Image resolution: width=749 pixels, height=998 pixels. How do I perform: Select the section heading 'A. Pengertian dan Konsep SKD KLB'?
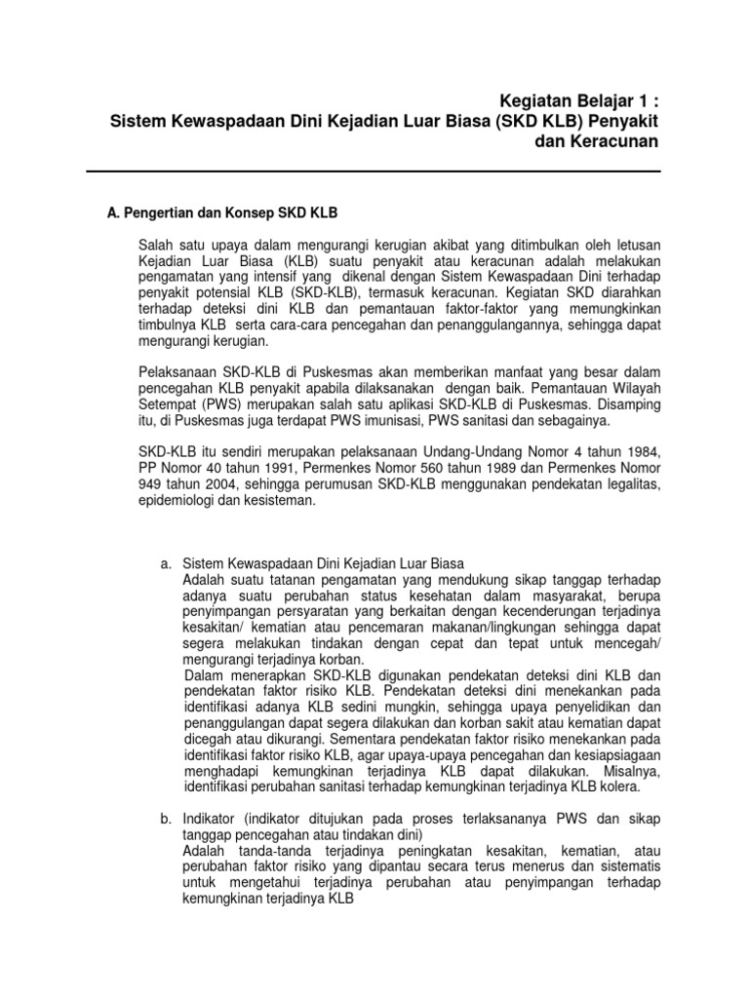point(221,212)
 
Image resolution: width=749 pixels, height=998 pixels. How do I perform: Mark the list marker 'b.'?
point(166,817)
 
